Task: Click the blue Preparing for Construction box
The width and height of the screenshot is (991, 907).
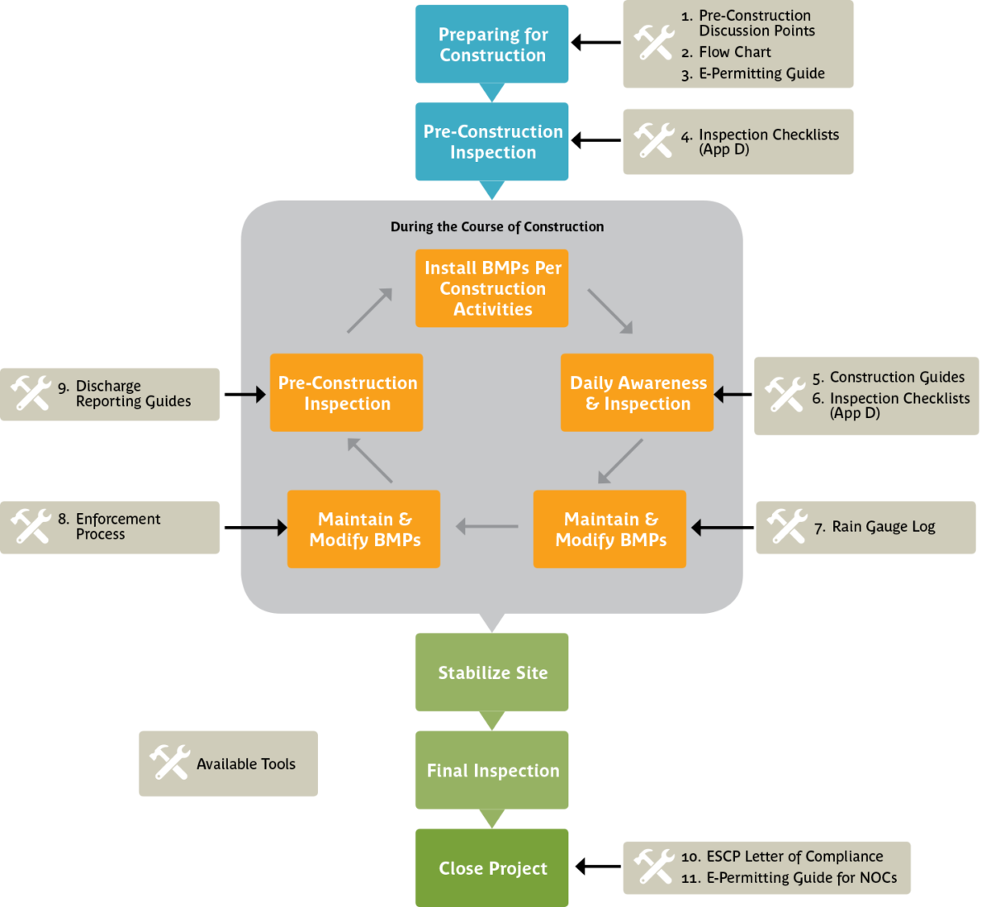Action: point(492,45)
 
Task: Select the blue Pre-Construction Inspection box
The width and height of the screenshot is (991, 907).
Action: point(492,142)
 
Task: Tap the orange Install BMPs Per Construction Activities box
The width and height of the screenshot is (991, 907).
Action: point(492,288)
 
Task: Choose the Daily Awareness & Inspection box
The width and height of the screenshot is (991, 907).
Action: point(637,393)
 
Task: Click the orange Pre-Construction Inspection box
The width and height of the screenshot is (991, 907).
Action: point(347,393)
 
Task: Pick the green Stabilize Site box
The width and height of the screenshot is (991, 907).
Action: point(492,672)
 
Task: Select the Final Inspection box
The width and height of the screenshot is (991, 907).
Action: point(492,770)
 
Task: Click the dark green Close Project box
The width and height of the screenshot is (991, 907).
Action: point(492,868)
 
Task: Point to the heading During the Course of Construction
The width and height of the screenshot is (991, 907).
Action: point(497,226)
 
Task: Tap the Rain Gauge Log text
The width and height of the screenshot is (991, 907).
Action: point(883,527)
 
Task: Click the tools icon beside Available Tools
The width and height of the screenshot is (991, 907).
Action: point(170,763)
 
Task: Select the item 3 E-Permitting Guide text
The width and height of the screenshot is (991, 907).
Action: point(761,74)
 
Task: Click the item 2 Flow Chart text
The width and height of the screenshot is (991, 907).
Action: point(734,52)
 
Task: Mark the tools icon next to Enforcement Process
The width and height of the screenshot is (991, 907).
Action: point(31,526)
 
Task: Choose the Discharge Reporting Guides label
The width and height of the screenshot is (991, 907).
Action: point(133,394)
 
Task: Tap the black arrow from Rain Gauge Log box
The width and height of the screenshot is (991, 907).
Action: point(719,527)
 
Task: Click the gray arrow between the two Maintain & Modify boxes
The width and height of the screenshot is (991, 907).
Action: point(486,527)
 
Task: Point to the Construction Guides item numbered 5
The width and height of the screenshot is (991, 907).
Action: point(897,378)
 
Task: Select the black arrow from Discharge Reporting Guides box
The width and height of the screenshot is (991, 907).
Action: point(252,395)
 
